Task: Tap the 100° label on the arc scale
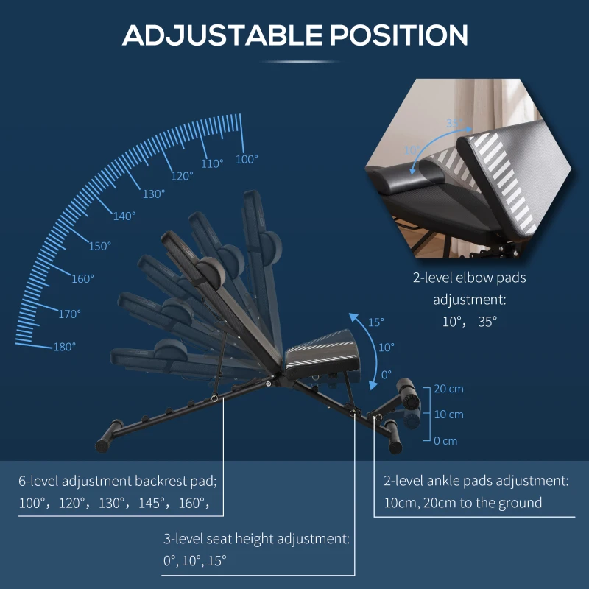[247, 159]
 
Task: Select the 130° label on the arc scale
[154, 194]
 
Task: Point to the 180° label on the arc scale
[64, 347]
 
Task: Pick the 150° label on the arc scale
[100, 246]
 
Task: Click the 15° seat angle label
[376, 322]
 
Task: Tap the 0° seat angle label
[387, 374]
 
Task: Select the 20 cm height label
[448, 388]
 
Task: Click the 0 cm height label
[445, 440]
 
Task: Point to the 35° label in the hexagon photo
[454, 123]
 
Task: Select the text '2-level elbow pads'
[469, 278]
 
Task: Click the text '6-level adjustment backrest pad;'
[118, 482]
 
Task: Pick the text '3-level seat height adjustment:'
[255, 538]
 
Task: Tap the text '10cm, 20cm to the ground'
[462, 503]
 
